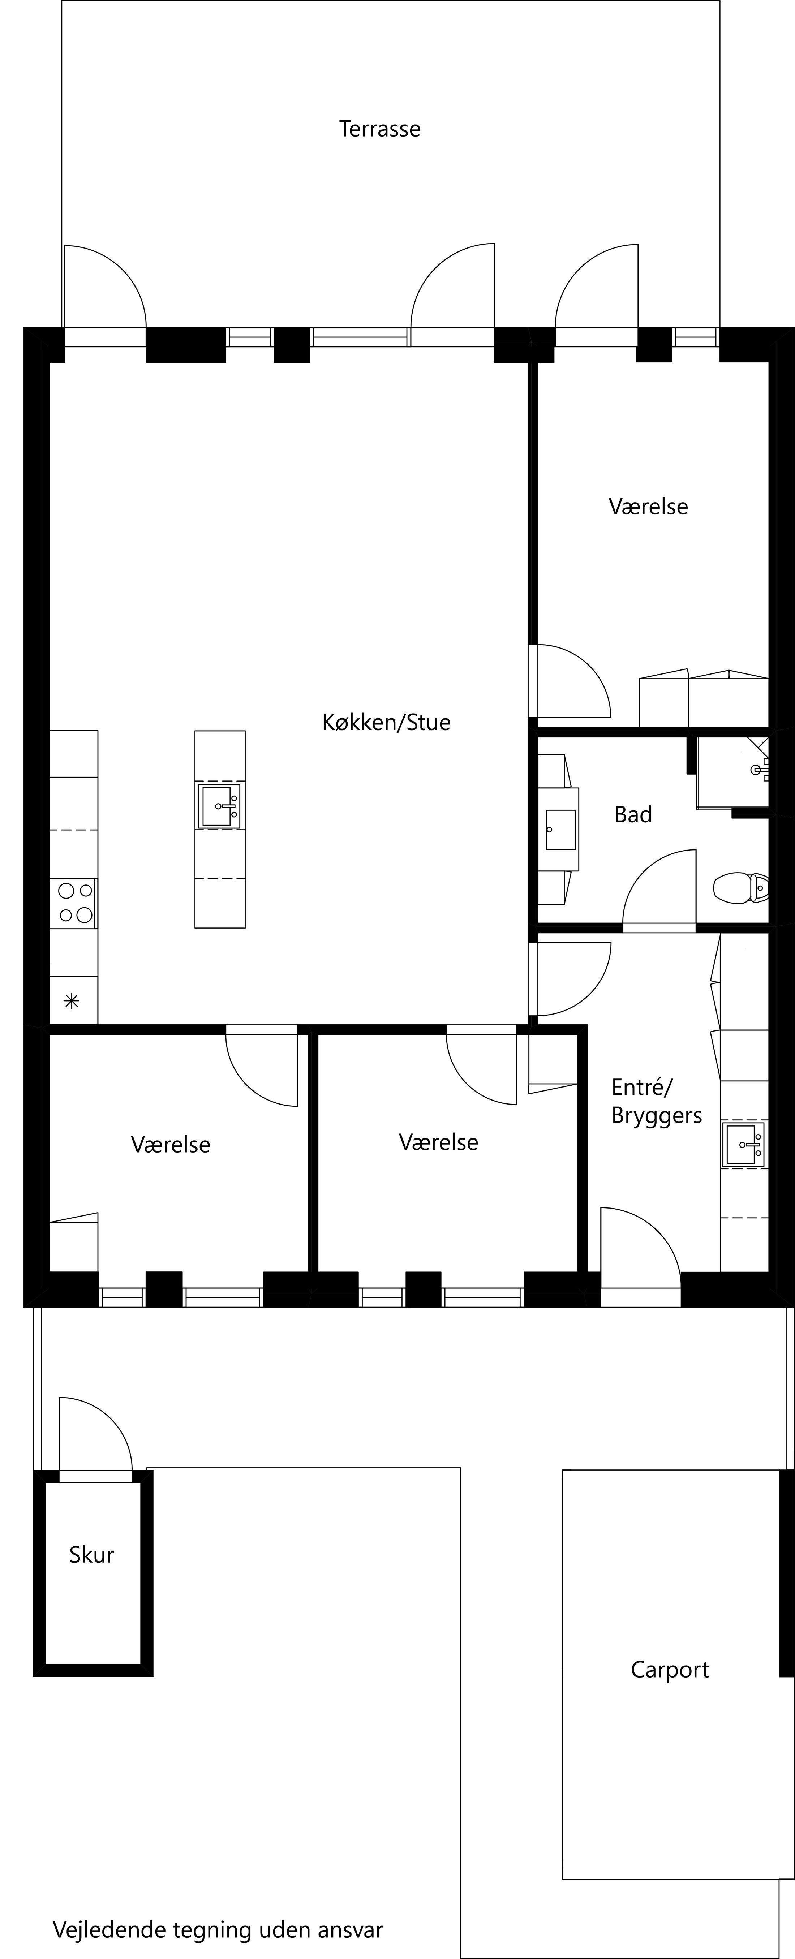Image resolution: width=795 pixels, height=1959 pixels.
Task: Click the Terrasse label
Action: tap(380, 129)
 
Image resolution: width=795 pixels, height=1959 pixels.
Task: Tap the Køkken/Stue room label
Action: tap(386, 722)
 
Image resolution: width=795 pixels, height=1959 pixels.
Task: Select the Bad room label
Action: tap(633, 814)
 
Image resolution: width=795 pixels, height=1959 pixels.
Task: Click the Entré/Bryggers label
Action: tap(656, 1101)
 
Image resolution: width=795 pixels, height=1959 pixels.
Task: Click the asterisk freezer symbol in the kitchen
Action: tap(72, 1001)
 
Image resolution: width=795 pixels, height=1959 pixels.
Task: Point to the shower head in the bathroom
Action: tap(756, 770)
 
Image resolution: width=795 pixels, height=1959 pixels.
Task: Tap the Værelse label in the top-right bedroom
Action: tap(648, 507)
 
